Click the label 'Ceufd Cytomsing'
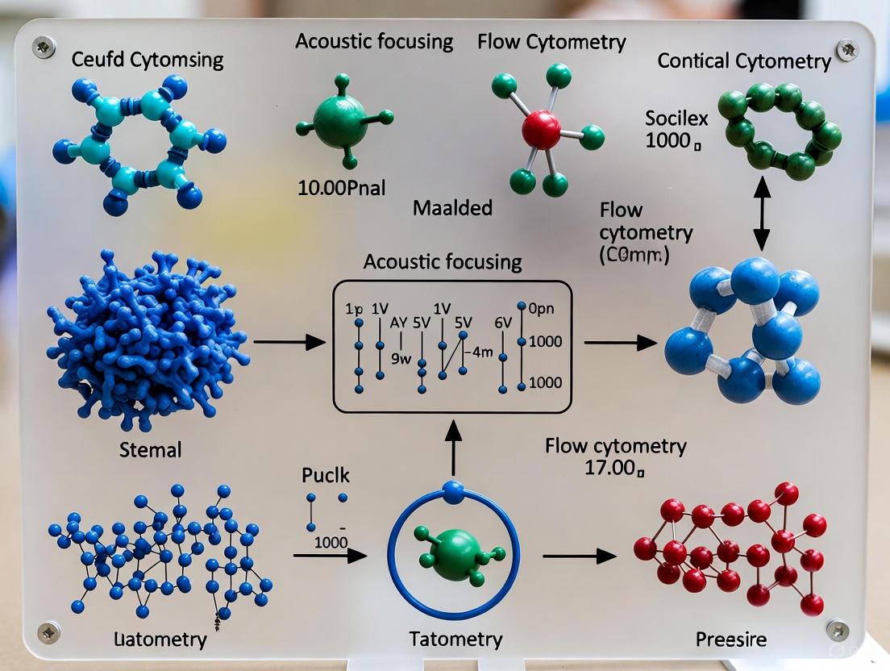(x=148, y=59)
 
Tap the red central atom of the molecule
(x=541, y=129)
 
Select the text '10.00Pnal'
(x=341, y=189)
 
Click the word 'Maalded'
(x=452, y=208)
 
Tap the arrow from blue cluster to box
(x=289, y=343)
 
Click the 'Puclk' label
(x=324, y=474)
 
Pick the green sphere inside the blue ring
(x=452, y=552)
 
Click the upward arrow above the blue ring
(x=453, y=448)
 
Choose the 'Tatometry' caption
(x=455, y=640)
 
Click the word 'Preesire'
(x=730, y=640)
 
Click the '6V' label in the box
(x=503, y=323)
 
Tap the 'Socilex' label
(x=676, y=119)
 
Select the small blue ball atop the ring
(x=453, y=488)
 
